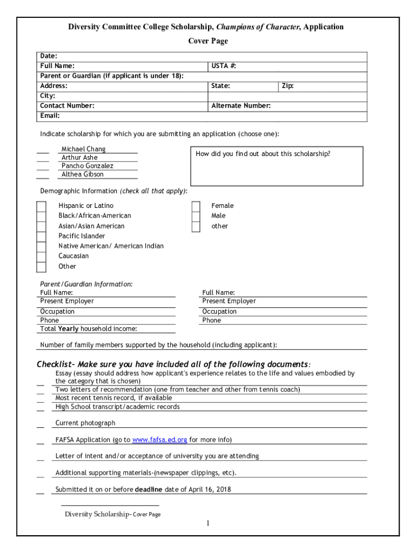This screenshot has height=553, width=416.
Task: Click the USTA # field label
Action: coord(224,66)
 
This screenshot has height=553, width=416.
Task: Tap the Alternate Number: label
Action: coord(241,106)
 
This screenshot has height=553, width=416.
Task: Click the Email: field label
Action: coord(50,116)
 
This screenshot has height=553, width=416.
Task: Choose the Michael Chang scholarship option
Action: coord(83,149)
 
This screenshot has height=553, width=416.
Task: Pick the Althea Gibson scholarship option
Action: coord(82,174)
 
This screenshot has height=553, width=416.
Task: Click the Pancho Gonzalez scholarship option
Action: coord(87,166)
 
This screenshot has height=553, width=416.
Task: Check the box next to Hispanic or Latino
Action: coord(41,206)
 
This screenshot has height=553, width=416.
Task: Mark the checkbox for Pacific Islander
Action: coord(41,236)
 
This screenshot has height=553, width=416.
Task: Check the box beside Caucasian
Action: coord(41,256)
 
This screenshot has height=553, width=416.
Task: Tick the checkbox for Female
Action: coord(196,206)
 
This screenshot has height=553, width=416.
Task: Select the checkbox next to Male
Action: coord(196,216)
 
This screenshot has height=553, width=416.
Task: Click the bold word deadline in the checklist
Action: coord(149,490)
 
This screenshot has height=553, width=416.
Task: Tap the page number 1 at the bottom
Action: coord(207,523)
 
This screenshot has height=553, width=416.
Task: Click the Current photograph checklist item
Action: coord(85,423)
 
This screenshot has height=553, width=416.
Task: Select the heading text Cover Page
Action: coord(207,41)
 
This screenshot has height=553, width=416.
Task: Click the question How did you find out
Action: coord(263,154)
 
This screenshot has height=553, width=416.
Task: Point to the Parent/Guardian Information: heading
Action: coord(86,284)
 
